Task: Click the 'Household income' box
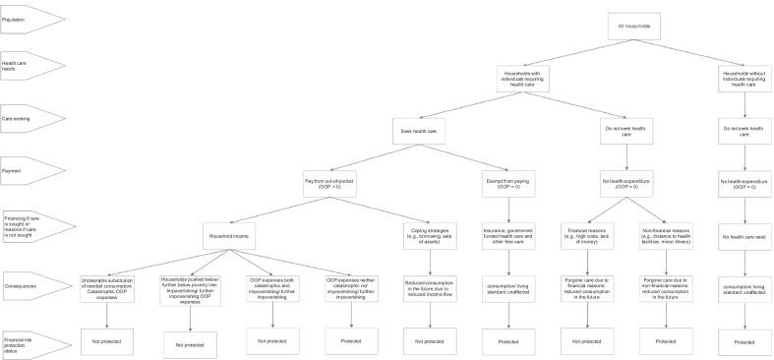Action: tap(232, 237)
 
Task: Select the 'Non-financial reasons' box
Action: tap(667, 236)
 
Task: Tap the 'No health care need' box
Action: tap(745, 236)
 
